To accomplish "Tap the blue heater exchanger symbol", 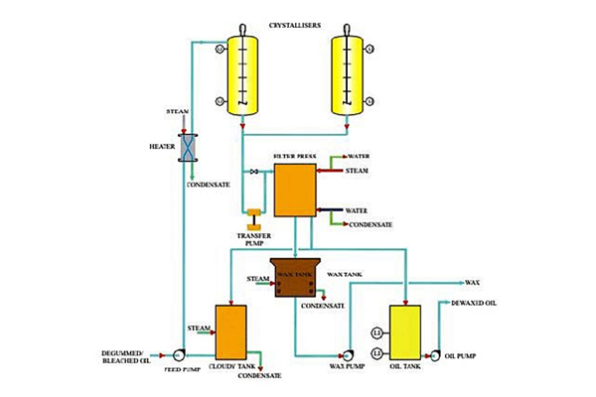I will pyautogui.click(x=185, y=147).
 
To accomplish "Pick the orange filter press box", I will pyautogui.click(x=294, y=190).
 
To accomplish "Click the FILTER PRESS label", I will pyautogui.click(x=294, y=157).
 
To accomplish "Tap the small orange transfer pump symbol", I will pyautogui.click(x=253, y=214).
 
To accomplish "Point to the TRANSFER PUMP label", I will pyautogui.click(x=253, y=238).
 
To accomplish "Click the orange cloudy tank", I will pyautogui.click(x=229, y=331).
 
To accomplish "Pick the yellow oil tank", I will pyautogui.click(x=405, y=331).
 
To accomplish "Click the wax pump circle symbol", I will pyautogui.click(x=348, y=353).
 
